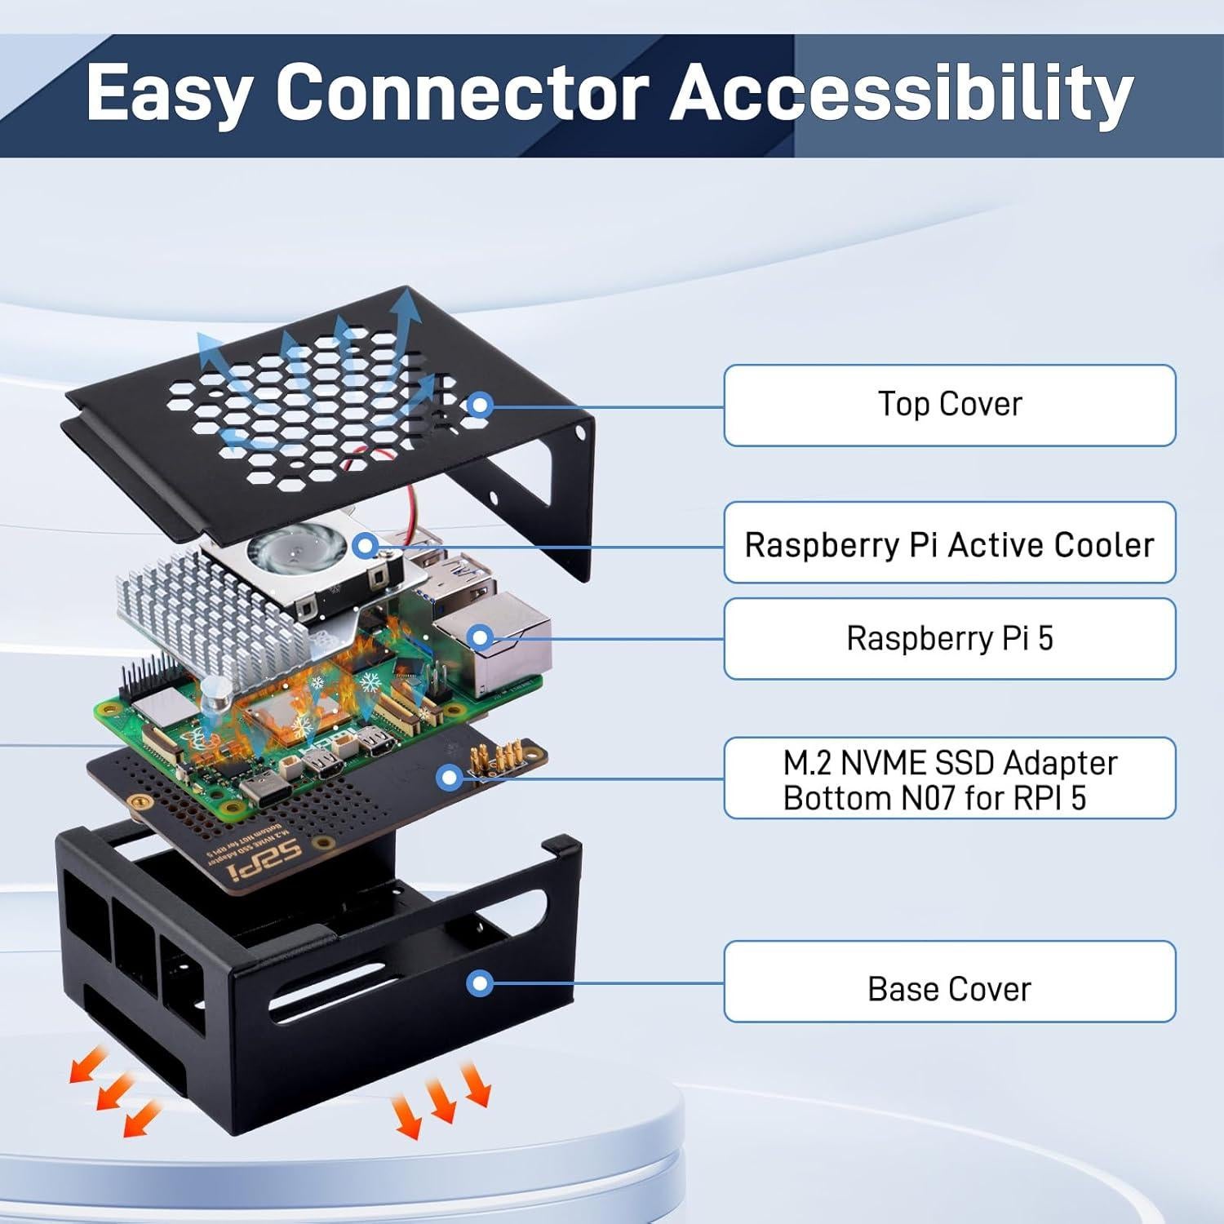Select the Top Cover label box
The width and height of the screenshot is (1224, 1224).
click(949, 406)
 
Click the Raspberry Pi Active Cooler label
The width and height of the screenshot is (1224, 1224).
click(949, 543)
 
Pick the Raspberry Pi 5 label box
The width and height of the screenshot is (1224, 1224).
click(949, 639)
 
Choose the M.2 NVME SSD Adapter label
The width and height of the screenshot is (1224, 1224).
click(949, 778)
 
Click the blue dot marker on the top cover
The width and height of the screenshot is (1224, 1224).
click(481, 404)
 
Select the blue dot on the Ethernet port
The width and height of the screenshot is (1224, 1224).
click(481, 637)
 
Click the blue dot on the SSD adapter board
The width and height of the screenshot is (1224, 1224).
click(448, 778)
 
